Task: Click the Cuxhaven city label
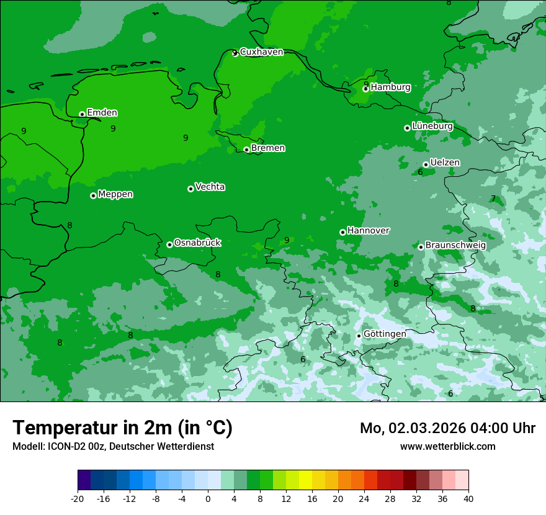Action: (x=261, y=52)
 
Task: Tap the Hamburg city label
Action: (x=390, y=87)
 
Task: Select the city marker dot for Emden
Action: (x=82, y=114)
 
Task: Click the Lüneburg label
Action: (x=432, y=126)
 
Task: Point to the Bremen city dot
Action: (x=246, y=150)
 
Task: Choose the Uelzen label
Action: (x=445, y=163)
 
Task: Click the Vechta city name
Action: (x=210, y=187)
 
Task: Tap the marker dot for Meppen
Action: (x=93, y=195)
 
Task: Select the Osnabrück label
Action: (x=197, y=243)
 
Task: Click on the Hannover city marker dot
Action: (x=342, y=232)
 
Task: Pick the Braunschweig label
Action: (x=455, y=245)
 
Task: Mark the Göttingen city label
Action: (x=385, y=334)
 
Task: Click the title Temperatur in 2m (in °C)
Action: (x=122, y=428)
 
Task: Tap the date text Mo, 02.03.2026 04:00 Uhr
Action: (x=447, y=428)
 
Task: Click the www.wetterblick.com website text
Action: (x=447, y=446)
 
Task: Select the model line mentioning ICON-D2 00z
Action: (x=113, y=446)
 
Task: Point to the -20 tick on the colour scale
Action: (x=78, y=498)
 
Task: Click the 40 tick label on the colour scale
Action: (x=468, y=498)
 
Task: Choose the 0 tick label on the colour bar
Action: (x=208, y=498)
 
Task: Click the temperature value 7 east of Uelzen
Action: (x=493, y=199)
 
